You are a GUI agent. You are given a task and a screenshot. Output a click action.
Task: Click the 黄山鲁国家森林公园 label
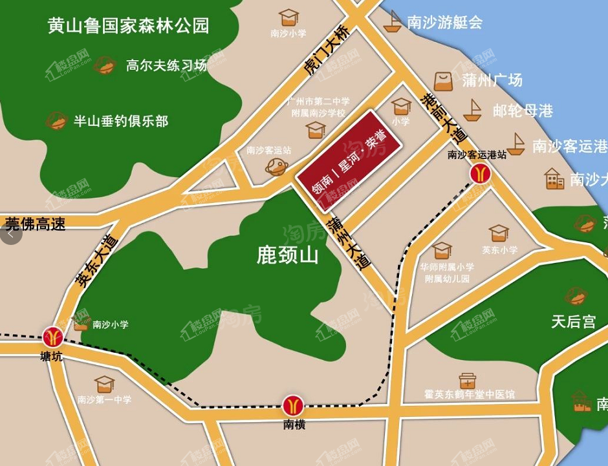[129, 26]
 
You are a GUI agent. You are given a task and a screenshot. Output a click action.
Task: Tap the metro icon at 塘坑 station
[53, 336]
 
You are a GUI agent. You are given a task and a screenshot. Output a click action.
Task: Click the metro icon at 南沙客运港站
[480, 174]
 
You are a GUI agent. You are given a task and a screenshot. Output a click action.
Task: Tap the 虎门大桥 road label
[327, 52]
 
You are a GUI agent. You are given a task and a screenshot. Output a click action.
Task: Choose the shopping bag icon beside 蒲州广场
[444, 81]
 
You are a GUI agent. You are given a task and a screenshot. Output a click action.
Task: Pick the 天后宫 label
[573, 321]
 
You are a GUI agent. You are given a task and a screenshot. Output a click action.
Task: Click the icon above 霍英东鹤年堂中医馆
[468, 380]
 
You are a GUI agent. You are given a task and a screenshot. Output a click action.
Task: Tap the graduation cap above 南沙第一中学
[103, 385]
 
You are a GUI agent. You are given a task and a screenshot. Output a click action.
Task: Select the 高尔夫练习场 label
[166, 65]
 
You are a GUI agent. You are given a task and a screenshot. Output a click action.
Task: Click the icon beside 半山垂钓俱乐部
[57, 121]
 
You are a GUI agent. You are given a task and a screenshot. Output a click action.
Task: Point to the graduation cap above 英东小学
[499, 233]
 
